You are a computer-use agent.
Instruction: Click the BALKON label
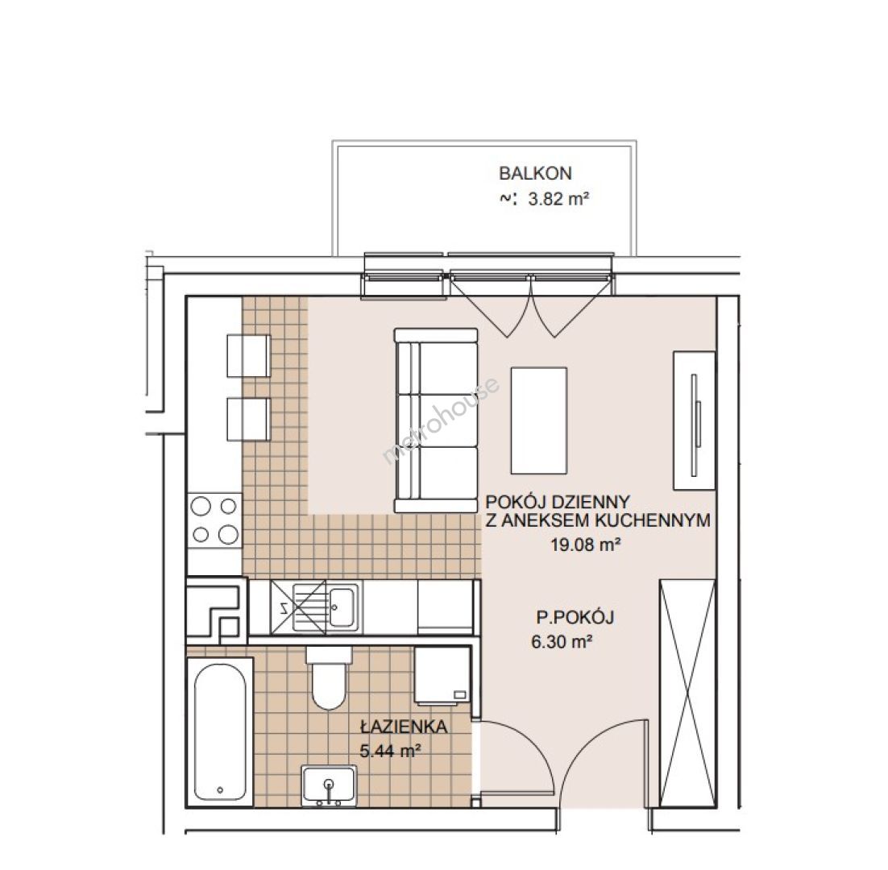click(535, 173)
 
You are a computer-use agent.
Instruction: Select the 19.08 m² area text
click(585, 545)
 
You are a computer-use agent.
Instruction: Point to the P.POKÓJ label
click(575, 617)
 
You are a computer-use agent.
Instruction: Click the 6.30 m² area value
click(562, 642)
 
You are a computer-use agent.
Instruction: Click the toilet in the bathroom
click(329, 678)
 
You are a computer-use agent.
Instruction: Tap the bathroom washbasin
click(329, 785)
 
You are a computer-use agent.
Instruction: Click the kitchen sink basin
click(343, 607)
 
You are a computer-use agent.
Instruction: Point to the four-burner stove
click(214, 519)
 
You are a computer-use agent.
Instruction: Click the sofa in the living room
click(435, 420)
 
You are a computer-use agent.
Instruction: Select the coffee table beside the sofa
click(538, 420)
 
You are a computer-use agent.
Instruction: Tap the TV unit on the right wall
click(695, 420)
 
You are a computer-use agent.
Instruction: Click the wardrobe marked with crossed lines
click(687, 693)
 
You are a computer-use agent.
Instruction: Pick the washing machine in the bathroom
click(442, 676)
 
